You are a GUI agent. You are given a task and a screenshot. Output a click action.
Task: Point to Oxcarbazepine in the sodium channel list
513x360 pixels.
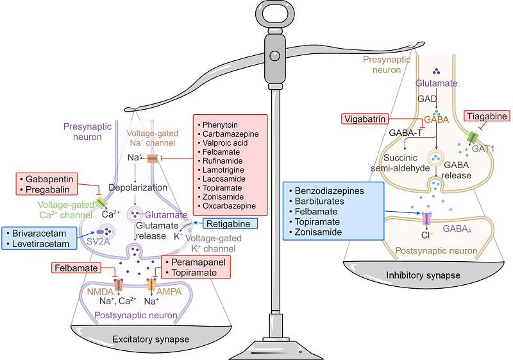tap(228, 205)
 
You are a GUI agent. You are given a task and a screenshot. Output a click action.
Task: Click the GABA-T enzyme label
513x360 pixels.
tap(387, 133)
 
